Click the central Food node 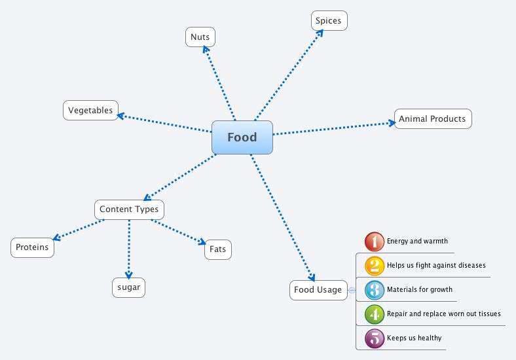coord(242,137)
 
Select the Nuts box coord(200,37)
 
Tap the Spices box coord(328,21)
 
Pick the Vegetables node coord(90,110)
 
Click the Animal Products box coord(432,118)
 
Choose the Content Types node coord(129,209)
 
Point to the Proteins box coord(32,247)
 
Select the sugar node coord(128,287)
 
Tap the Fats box coord(218,249)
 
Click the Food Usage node coord(318,289)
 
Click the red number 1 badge coord(374,242)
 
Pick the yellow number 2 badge coord(374,266)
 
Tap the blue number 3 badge coord(374,290)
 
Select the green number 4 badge coord(374,314)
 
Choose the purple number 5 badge coord(374,338)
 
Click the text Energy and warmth coord(417,242)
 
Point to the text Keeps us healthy coord(414,338)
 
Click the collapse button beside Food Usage coord(352,290)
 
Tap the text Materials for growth coord(419,290)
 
